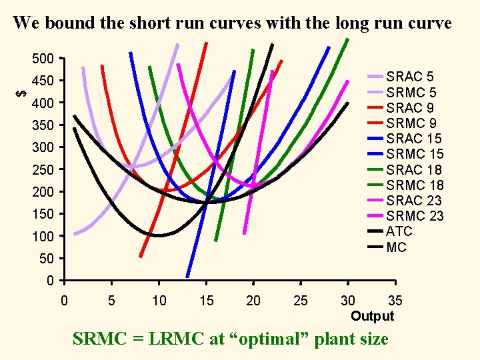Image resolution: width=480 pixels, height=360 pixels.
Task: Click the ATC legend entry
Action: pos(399,231)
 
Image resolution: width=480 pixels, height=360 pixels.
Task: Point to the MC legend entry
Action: pos(397,247)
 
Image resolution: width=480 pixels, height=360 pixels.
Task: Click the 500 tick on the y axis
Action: pos(43,59)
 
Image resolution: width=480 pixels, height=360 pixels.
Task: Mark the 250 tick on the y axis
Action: pos(43,169)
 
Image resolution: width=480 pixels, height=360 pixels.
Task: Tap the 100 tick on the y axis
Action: pos(43,236)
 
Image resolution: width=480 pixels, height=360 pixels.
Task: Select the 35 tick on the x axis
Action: pos(395,301)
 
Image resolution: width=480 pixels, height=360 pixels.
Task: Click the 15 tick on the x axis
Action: pos(206,301)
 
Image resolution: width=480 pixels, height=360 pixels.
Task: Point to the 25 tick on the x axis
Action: pos(301,301)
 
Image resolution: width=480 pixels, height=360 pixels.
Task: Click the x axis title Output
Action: pos(372,316)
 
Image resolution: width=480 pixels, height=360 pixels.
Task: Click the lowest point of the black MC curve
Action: pos(159,235)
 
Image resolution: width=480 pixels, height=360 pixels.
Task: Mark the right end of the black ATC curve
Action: pos(348,103)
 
